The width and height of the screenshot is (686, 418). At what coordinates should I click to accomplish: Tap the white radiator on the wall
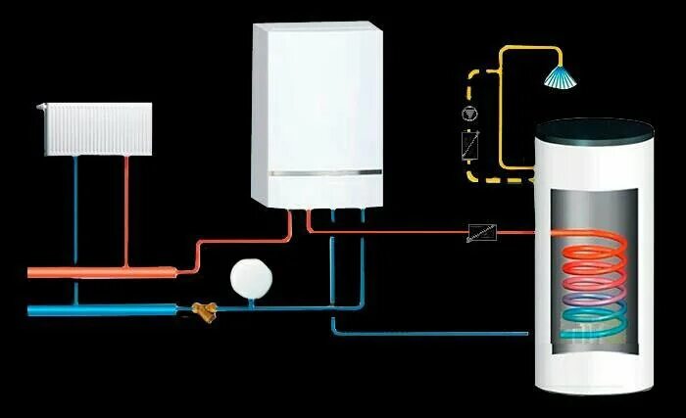(95, 127)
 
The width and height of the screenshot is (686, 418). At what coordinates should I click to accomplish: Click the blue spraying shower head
(561, 75)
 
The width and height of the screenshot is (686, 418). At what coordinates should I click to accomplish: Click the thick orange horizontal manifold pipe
(98, 269)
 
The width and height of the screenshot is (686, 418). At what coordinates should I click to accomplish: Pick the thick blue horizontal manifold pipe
(98, 310)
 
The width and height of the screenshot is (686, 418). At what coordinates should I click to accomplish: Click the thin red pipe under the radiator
(126, 206)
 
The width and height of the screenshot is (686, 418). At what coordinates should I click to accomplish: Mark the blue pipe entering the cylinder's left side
(441, 333)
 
